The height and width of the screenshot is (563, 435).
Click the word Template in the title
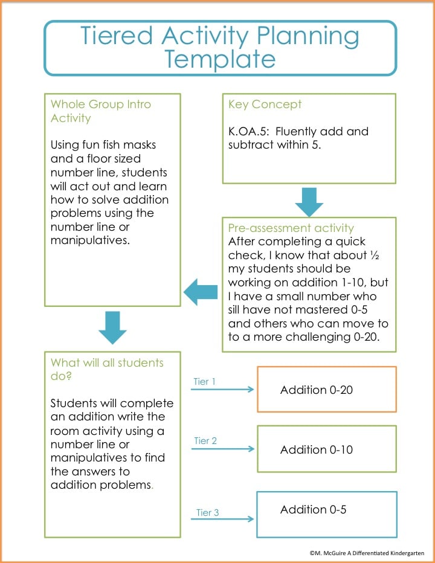pyautogui.click(x=220, y=59)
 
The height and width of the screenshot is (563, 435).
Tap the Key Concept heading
pyautogui.click(x=265, y=105)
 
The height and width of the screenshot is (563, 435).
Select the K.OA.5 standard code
pyautogui.click(x=248, y=132)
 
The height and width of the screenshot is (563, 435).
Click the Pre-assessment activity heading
pyautogui.click(x=291, y=228)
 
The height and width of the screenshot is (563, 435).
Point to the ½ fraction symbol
pyautogui.click(x=375, y=255)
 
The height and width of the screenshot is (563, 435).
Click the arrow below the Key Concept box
pyautogui.click(x=309, y=202)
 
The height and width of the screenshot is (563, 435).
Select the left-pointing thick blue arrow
pyautogui.click(x=201, y=292)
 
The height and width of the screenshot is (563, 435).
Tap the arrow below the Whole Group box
pyautogui.click(x=112, y=327)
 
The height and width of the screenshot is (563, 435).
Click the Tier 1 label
pyautogui.click(x=204, y=381)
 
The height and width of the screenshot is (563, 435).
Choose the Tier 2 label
pyautogui.click(x=205, y=440)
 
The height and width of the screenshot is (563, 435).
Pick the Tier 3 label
pyautogui.click(x=207, y=512)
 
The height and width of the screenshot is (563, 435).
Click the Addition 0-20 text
pyautogui.click(x=317, y=390)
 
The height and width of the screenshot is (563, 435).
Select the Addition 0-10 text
pyautogui.click(x=317, y=449)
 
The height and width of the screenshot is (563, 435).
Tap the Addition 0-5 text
pyautogui.click(x=313, y=509)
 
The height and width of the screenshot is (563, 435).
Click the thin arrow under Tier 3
pyautogui.click(x=222, y=519)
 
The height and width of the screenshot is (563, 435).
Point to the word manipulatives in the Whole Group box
pyautogui.click(x=90, y=240)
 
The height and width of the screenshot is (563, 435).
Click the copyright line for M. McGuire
pyautogui.click(x=367, y=553)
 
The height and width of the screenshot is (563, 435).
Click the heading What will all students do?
pyautogui.click(x=107, y=370)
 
